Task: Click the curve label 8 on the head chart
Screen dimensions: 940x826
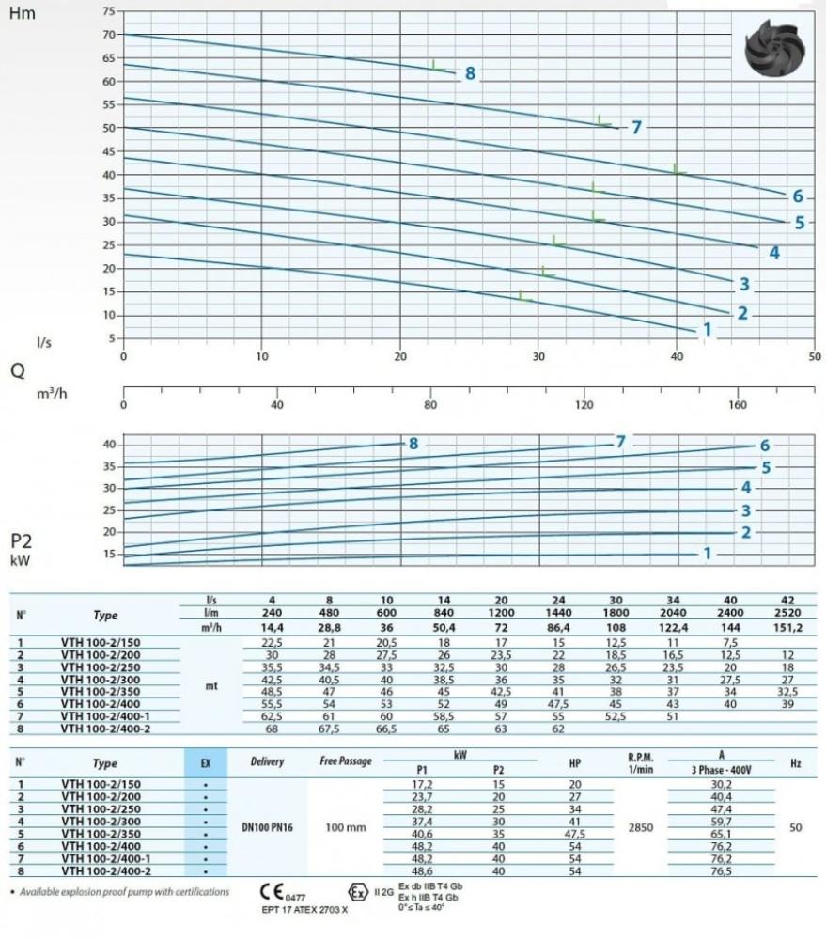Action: pyautogui.click(x=470, y=73)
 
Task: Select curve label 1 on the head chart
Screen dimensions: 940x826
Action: pyautogui.click(x=707, y=329)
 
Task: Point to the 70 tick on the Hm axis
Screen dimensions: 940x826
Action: pyautogui.click(x=108, y=35)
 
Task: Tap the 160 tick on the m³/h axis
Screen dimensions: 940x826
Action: pyautogui.click(x=737, y=404)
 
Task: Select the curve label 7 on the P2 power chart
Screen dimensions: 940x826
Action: pyautogui.click(x=619, y=442)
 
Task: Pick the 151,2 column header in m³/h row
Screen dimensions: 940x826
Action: pyautogui.click(x=786, y=628)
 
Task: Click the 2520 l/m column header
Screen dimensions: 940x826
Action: pyautogui.click(x=786, y=614)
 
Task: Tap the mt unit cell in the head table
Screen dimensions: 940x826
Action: pyautogui.click(x=211, y=686)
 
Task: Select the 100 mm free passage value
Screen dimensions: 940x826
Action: pyautogui.click(x=346, y=827)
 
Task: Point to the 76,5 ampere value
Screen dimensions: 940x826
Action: pyautogui.click(x=720, y=872)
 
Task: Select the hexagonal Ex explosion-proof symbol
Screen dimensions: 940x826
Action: pyautogui.click(x=357, y=891)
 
